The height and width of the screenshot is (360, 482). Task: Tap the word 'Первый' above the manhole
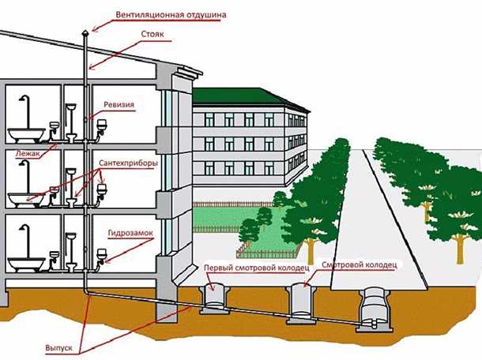(217, 268)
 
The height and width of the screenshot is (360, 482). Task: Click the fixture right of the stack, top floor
(102, 124)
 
